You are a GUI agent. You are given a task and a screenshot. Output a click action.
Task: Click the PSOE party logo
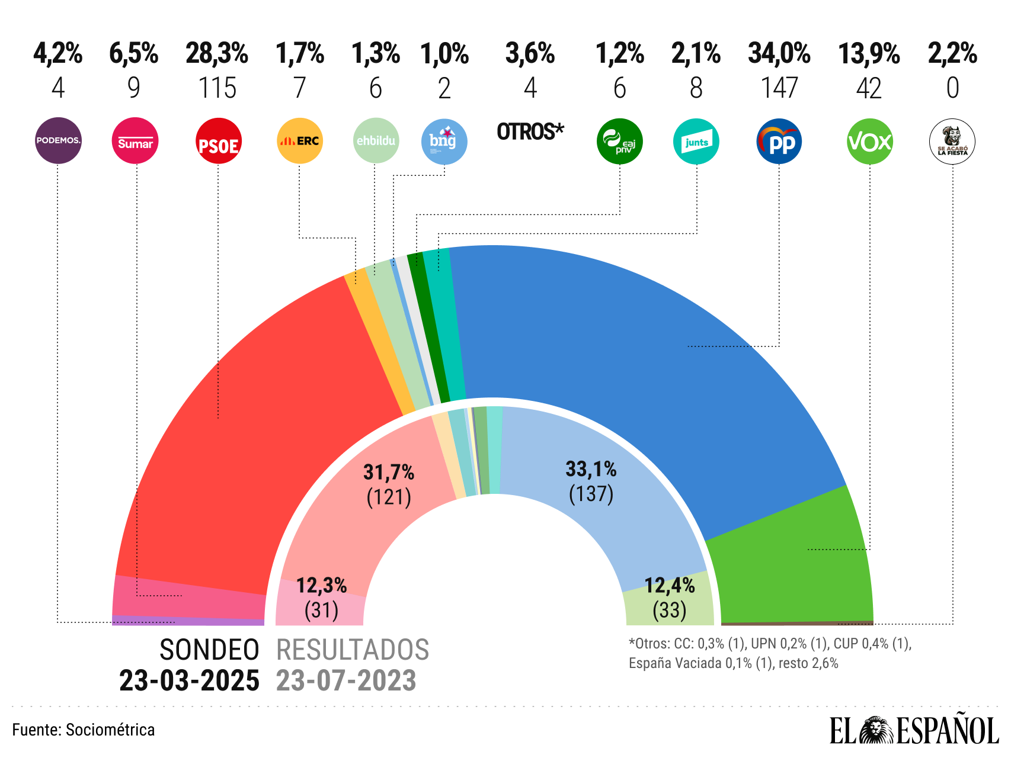click(x=218, y=141)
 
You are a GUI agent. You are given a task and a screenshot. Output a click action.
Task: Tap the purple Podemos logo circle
click(x=58, y=141)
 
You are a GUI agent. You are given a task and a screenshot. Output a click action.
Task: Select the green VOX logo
click(x=869, y=142)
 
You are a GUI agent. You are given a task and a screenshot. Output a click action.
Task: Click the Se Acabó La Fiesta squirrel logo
click(x=952, y=142)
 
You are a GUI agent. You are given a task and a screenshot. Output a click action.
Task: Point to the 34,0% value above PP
click(x=779, y=53)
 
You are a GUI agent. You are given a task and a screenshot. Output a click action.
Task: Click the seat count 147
click(x=779, y=88)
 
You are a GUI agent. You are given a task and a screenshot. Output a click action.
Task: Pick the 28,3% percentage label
click(x=217, y=53)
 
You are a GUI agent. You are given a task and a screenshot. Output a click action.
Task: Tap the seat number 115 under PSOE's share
click(x=217, y=88)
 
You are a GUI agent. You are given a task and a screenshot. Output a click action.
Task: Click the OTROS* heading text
click(x=530, y=131)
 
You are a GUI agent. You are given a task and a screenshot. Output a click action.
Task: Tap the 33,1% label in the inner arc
click(x=591, y=469)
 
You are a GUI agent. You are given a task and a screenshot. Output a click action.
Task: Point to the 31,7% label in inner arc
click(x=389, y=472)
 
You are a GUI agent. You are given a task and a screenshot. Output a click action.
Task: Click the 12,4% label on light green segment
click(x=669, y=585)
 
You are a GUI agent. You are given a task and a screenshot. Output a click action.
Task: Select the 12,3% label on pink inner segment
click(x=321, y=585)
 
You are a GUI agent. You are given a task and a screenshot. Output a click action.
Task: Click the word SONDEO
click(x=209, y=650)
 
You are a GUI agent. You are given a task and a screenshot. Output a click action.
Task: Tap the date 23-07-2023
click(x=346, y=681)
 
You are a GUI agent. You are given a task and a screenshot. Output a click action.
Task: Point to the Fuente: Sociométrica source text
click(x=84, y=730)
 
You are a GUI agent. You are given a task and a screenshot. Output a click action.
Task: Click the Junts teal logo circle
click(x=696, y=142)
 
